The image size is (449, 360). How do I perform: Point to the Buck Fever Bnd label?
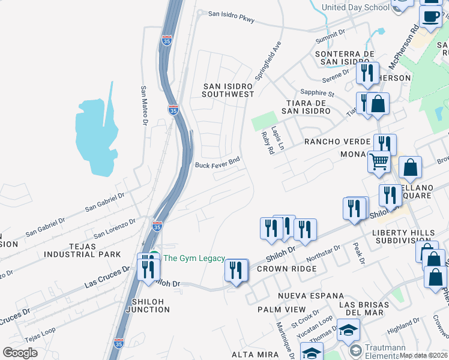point(217,163)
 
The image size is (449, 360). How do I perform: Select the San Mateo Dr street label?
point(144,105)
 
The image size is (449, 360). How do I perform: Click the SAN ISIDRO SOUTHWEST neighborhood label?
point(228,90)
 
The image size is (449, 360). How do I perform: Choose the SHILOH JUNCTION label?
point(148,305)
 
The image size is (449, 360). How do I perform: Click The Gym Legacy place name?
point(194,259)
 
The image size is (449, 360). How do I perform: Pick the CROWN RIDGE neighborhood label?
point(286,269)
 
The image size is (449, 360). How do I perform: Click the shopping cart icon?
point(379,161)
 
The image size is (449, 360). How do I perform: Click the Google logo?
point(20,352)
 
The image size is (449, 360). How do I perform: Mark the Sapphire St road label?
point(318,93)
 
